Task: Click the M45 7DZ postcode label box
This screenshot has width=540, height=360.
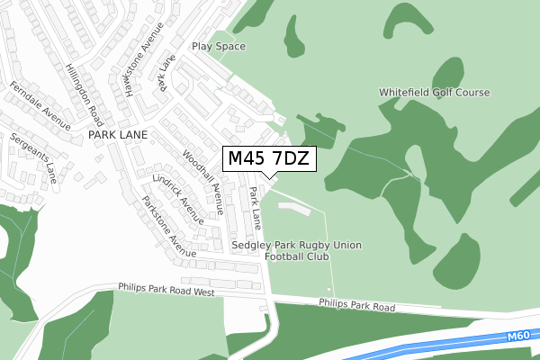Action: pos(269,159)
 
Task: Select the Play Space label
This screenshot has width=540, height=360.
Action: pos(218,47)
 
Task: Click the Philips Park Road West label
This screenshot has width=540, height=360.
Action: pos(166,290)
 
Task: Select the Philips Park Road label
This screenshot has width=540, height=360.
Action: pos(356,306)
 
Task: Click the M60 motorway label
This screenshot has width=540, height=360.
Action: pos(517,336)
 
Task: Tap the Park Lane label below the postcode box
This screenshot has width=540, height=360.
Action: pos(256,207)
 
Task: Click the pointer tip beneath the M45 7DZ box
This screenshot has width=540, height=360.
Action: pos(268,178)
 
